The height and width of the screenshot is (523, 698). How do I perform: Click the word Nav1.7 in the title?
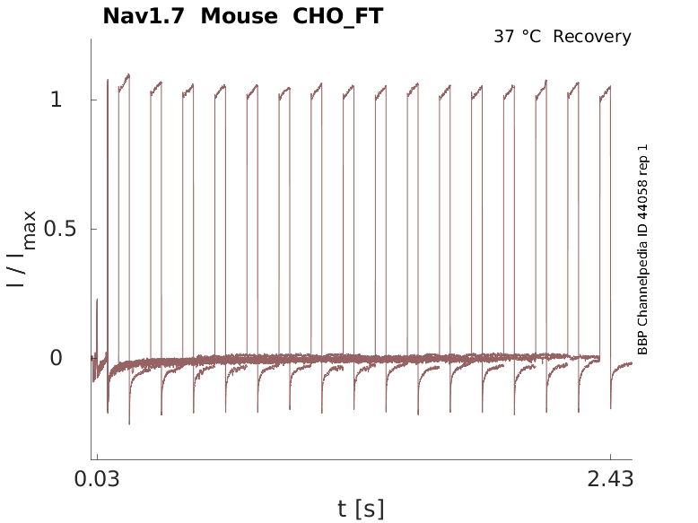(x=144, y=16)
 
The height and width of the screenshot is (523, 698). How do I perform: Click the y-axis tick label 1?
(x=57, y=100)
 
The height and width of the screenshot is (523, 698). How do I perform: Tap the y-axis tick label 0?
(x=57, y=358)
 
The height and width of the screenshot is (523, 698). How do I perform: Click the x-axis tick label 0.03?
(x=97, y=480)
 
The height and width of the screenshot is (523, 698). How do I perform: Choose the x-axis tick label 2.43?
(x=611, y=480)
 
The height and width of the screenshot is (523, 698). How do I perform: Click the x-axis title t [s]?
(x=361, y=510)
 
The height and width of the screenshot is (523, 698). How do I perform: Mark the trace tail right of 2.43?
(x=623, y=365)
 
